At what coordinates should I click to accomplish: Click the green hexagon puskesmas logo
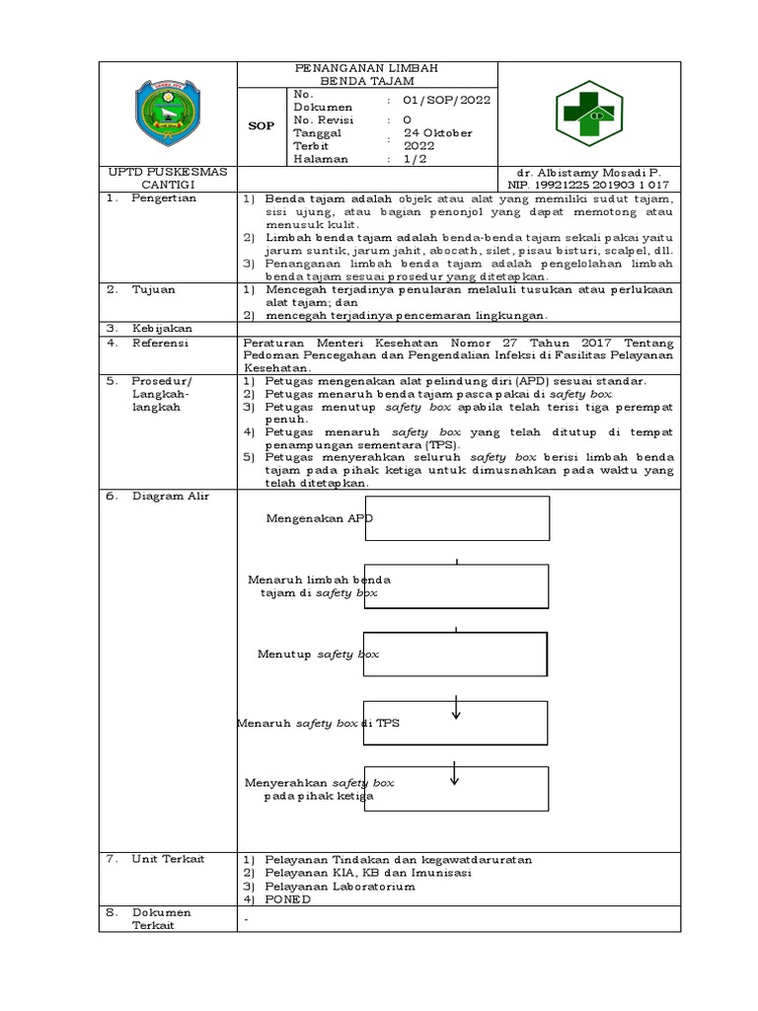pyautogui.click(x=587, y=114)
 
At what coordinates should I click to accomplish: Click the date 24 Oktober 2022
pyautogui.click(x=444, y=139)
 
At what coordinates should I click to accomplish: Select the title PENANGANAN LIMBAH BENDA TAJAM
pyautogui.click(x=367, y=74)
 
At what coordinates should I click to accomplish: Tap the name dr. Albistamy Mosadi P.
pyautogui.click(x=586, y=172)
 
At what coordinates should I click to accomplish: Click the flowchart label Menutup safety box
pyautogui.click(x=318, y=655)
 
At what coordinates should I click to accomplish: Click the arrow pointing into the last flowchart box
pyautogui.click(x=455, y=773)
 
